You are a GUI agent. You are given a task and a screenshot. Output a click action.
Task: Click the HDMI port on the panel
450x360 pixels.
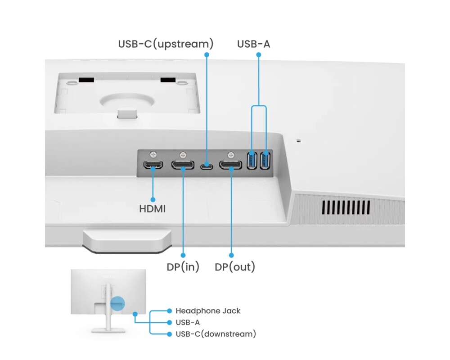point(153,165)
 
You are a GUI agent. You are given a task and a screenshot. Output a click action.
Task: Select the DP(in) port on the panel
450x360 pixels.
point(183,165)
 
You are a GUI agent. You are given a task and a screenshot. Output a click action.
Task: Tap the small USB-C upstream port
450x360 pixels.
point(207,166)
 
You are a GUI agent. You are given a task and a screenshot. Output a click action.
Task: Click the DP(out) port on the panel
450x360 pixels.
point(230,165)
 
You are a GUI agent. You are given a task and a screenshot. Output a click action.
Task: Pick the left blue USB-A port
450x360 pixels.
point(252,161)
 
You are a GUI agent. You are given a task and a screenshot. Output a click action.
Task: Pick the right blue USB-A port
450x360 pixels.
point(265,161)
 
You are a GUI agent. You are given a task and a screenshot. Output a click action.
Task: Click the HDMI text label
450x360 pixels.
point(152,209)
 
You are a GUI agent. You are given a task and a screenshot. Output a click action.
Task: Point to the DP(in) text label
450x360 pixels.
point(183,267)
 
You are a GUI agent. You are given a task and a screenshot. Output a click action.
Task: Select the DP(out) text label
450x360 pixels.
point(234,267)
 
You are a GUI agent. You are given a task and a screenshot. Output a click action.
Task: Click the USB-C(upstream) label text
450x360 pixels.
point(166,44)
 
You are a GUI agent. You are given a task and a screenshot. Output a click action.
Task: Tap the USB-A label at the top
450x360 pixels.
point(254,44)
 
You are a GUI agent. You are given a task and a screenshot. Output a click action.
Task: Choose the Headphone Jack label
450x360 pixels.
point(208,311)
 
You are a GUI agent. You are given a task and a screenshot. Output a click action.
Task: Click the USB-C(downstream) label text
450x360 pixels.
point(216,334)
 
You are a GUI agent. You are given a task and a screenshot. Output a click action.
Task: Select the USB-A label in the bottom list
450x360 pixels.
point(188,323)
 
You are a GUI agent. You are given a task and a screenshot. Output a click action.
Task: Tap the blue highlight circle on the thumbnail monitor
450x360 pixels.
point(117,302)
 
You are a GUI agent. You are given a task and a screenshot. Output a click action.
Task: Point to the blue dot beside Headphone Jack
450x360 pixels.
point(169,311)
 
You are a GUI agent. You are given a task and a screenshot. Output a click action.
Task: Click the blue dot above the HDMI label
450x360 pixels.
point(153,199)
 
